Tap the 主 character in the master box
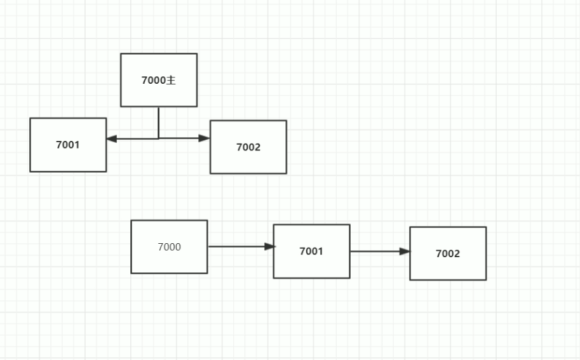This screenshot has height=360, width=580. [x=170, y=81]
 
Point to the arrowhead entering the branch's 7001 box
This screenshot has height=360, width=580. [x=112, y=138]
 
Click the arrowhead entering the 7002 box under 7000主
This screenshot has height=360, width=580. [x=204, y=138]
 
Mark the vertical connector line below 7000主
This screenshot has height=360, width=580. [x=159, y=122]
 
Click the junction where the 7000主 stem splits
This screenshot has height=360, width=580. [x=159, y=138]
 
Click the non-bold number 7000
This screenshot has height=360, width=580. [x=169, y=247]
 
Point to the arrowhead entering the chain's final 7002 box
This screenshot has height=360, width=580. [x=405, y=251]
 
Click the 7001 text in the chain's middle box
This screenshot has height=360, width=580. [x=311, y=251]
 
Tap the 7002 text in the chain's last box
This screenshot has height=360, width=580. [x=448, y=254]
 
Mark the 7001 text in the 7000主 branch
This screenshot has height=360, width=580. [x=68, y=145]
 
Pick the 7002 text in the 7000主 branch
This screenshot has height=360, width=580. [x=248, y=147]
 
